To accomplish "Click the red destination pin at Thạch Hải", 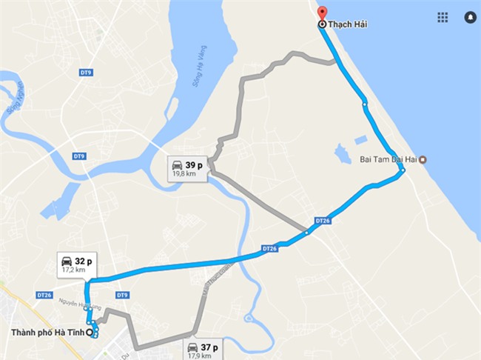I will pyautogui.click(x=321, y=13).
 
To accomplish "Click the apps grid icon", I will pyautogui.click(x=443, y=17).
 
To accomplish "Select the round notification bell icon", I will pyautogui.click(x=469, y=17).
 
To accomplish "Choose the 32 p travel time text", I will pyautogui.click(x=84, y=261).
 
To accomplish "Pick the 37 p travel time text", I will pyautogui.click(x=209, y=346).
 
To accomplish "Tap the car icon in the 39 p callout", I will pyautogui.click(x=177, y=165).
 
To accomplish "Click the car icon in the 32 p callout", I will pyautogui.click(x=67, y=261).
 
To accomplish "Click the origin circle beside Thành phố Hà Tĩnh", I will pyautogui.click(x=90, y=332).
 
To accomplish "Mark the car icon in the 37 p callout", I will pyautogui.click(x=192, y=347).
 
